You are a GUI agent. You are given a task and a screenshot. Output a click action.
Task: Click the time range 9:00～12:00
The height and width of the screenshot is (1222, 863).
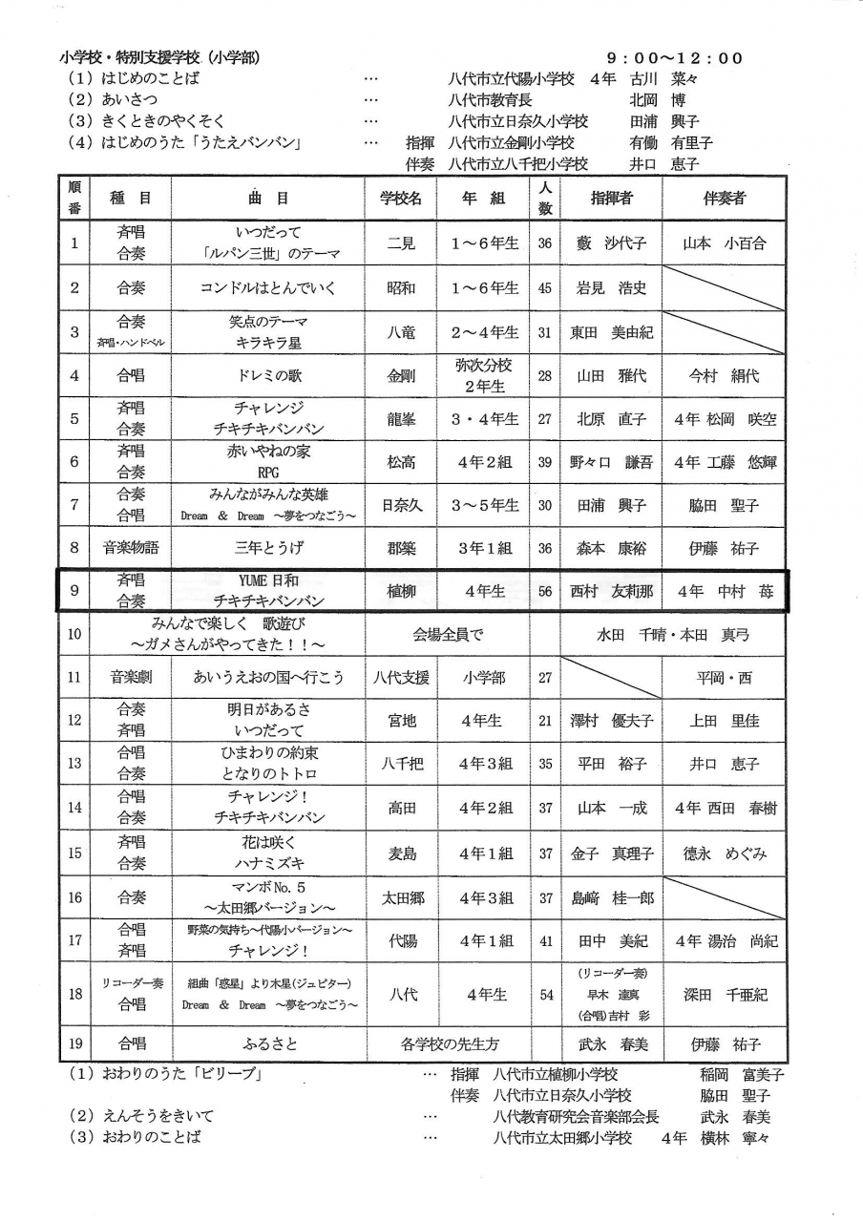click(674, 58)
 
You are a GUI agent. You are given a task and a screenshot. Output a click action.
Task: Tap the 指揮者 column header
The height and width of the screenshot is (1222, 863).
click(611, 199)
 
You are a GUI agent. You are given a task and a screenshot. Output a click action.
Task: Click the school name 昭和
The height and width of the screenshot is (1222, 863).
click(401, 287)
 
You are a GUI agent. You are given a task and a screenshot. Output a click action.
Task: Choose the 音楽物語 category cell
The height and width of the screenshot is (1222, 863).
click(131, 548)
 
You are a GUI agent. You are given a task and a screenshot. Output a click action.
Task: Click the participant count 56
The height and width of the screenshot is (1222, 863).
click(545, 591)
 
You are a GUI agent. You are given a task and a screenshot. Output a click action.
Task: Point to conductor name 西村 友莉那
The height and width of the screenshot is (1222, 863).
click(611, 591)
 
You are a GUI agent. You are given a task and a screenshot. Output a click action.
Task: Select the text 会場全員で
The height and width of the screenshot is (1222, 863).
click(448, 633)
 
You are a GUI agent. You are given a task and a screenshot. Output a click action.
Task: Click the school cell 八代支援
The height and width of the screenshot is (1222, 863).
click(401, 678)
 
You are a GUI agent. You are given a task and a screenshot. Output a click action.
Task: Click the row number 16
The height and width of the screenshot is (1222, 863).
click(75, 897)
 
